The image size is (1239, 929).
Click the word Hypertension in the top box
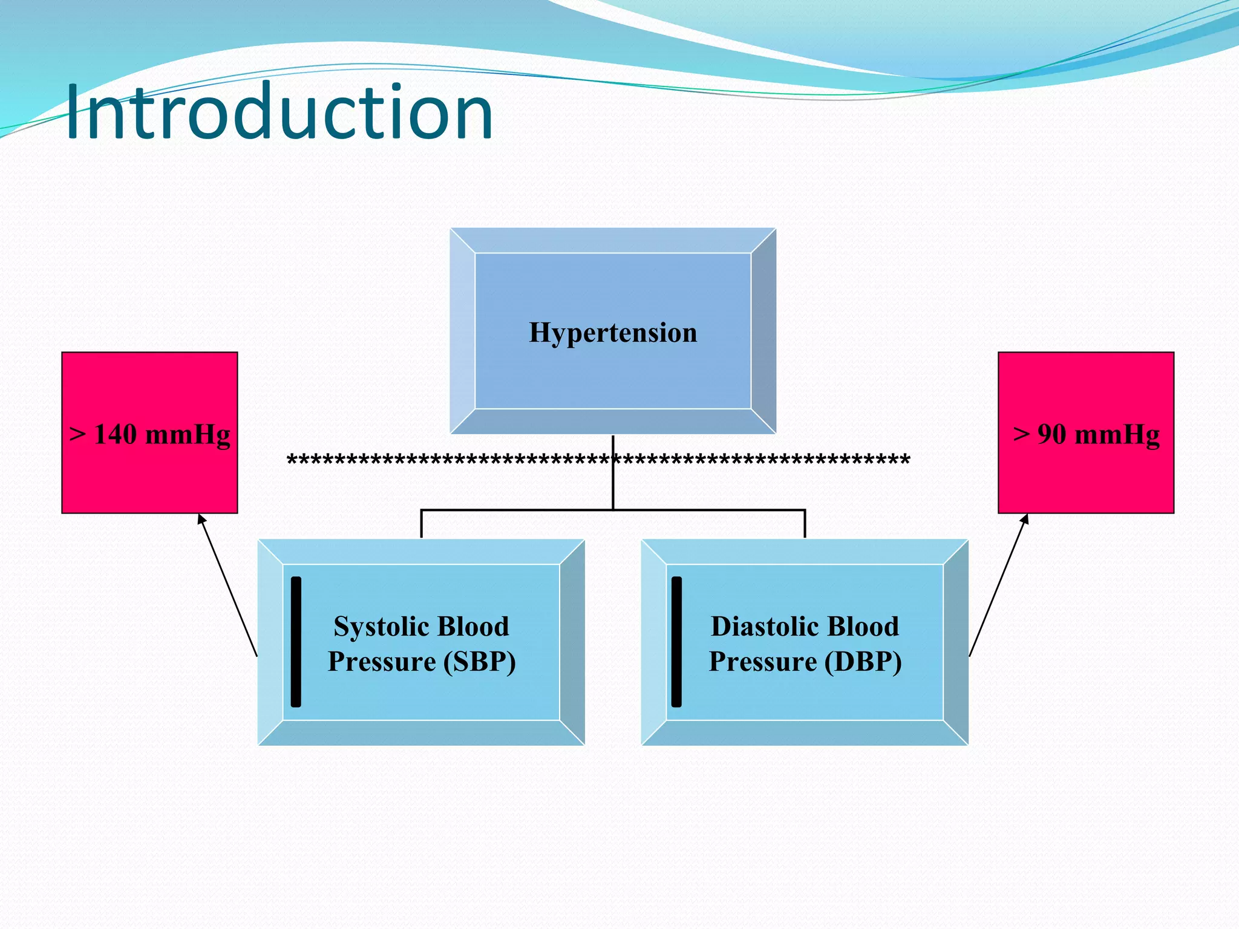click(x=613, y=333)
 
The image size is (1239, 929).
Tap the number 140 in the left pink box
click(x=116, y=434)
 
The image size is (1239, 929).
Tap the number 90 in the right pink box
click(x=1051, y=434)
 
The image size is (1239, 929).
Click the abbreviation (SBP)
click(x=480, y=661)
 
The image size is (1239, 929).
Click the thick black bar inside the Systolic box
click(x=296, y=642)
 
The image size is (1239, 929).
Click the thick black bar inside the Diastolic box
click(x=676, y=642)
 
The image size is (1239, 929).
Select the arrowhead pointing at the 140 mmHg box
click(x=201, y=519)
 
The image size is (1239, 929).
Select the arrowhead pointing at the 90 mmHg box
click(x=1024, y=519)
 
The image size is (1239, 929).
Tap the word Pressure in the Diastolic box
click(x=762, y=661)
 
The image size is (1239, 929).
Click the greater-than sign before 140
click(x=77, y=434)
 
